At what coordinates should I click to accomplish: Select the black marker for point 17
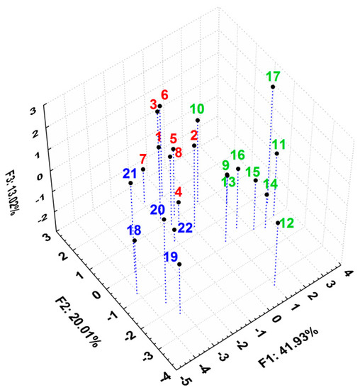273,87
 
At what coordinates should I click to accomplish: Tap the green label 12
287,223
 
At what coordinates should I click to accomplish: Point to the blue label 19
171,256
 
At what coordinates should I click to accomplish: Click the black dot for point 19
180,264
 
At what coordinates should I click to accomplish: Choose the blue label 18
134,230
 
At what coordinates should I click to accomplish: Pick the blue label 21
130,174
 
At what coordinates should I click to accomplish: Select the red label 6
164,95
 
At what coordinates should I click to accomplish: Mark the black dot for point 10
198,121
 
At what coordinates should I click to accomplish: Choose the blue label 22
185,228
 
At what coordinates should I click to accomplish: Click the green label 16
238,155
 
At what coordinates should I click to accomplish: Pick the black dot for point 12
278,223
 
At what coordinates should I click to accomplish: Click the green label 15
252,171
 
